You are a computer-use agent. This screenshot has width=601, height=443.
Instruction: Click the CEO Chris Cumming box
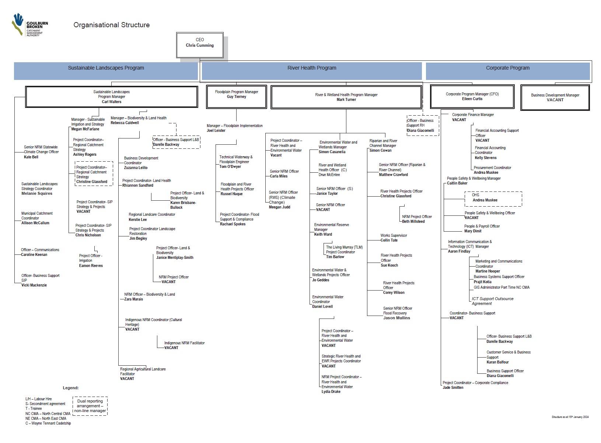[x=200, y=45]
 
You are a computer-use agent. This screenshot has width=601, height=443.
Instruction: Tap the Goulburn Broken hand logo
[x=18, y=24]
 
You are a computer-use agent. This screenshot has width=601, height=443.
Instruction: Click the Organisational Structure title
[x=111, y=25]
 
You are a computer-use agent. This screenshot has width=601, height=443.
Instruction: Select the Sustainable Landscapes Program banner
[x=106, y=71]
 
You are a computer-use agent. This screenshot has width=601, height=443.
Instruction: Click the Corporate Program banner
[x=508, y=71]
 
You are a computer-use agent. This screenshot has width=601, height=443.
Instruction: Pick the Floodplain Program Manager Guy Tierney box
[x=236, y=97]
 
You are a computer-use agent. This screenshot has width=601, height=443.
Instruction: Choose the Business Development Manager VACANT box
[x=555, y=97]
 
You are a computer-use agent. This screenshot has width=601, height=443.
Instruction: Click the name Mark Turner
[x=346, y=99]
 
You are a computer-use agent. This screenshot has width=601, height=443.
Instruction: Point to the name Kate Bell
[x=31, y=157]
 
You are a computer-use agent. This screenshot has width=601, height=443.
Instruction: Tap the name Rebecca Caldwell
[x=125, y=123]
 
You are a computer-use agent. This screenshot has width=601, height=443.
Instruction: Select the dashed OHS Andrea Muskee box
[x=493, y=199]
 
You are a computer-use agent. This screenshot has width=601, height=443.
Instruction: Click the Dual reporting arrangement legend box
[x=90, y=406]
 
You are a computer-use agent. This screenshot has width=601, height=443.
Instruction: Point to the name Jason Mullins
[x=396, y=318]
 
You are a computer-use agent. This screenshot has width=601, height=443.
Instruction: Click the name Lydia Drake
[x=331, y=391]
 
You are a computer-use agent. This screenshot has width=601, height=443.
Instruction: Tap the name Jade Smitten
[x=453, y=387]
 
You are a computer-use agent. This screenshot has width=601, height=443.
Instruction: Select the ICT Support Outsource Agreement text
[x=492, y=301]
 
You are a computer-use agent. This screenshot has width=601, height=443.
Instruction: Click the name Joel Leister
[x=216, y=131]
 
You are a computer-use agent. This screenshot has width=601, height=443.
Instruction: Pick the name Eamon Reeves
[x=91, y=266]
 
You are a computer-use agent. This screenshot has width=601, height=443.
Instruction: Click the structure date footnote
[x=570, y=417]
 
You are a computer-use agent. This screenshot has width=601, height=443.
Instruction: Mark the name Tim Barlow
[x=335, y=257]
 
